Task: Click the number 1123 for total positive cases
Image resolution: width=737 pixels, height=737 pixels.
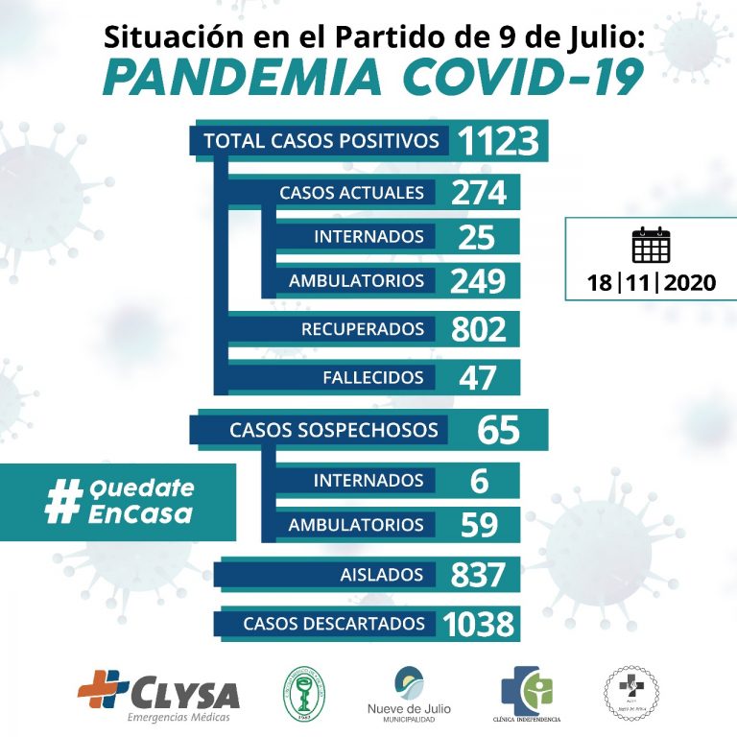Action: pyautogui.click(x=497, y=141)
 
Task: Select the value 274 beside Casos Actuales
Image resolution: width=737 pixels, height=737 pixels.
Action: pyautogui.click(x=479, y=192)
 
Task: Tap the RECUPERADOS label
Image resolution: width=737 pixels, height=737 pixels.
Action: pyautogui.click(x=363, y=329)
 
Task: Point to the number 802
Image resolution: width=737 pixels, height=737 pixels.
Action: pyautogui.click(x=479, y=329)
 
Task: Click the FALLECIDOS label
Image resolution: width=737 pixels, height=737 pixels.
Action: pyautogui.click(x=373, y=377)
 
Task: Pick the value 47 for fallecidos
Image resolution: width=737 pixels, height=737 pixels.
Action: pyautogui.click(x=478, y=377)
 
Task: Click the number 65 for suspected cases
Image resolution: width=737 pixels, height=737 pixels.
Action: pyautogui.click(x=497, y=430)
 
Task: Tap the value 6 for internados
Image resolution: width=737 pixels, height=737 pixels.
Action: pyautogui.click(x=479, y=480)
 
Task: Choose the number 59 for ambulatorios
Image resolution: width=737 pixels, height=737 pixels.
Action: pyautogui.click(x=479, y=525)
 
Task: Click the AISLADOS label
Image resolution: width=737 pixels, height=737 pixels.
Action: pyautogui.click(x=382, y=575)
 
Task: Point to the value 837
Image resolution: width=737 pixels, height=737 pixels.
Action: pyautogui.click(x=479, y=575)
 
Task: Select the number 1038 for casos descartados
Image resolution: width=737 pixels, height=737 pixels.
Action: pyautogui.click(x=479, y=625)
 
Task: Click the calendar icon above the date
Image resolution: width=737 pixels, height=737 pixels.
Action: pyautogui.click(x=651, y=246)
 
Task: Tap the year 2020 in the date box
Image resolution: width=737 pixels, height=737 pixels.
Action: pyautogui.click(x=688, y=284)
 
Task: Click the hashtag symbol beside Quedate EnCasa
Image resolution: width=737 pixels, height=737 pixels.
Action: pyautogui.click(x=62, y=502)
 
